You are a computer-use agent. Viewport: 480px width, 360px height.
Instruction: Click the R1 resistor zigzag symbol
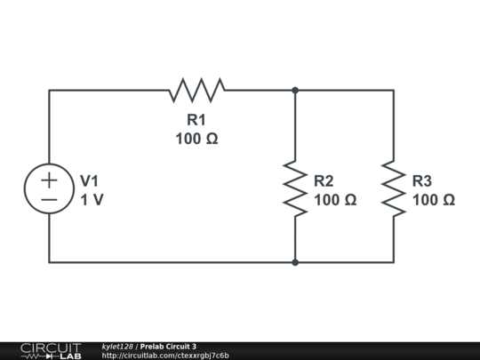[x=196, y=90]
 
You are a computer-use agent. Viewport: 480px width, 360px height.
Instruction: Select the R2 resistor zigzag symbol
[x=295, y=188]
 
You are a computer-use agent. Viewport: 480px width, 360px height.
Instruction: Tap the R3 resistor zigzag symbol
[x=393, y=188]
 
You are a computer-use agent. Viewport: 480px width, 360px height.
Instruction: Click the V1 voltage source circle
[x=49, y=189]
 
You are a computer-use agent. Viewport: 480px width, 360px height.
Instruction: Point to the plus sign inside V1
[x=49, y=180]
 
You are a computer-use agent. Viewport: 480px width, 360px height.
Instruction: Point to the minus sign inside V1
[x=49, y=200]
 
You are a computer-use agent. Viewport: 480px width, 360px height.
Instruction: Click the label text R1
[x=196, y=120]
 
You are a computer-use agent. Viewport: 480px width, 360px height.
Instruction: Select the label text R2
[x=324, y=180]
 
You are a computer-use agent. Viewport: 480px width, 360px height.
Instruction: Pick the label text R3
[x=422, y=180]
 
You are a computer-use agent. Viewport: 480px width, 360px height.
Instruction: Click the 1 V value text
[x=92, y=200]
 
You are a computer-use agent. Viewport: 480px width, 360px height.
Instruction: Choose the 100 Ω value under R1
[x=196, y=139]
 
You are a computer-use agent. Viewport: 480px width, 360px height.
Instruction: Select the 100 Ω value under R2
[x=335, y=200]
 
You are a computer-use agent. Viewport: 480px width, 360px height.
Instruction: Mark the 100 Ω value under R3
[x=434, y=200]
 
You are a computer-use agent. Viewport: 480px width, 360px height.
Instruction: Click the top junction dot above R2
[x=295, y=90]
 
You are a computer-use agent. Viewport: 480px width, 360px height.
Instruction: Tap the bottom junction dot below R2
[x=295, y=262]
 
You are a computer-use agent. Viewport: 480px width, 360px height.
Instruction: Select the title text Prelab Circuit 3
[x=168, y=347]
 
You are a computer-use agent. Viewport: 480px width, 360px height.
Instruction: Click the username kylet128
[x=117, y=347]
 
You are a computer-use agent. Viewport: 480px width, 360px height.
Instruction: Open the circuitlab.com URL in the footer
[x=165, y=356]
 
